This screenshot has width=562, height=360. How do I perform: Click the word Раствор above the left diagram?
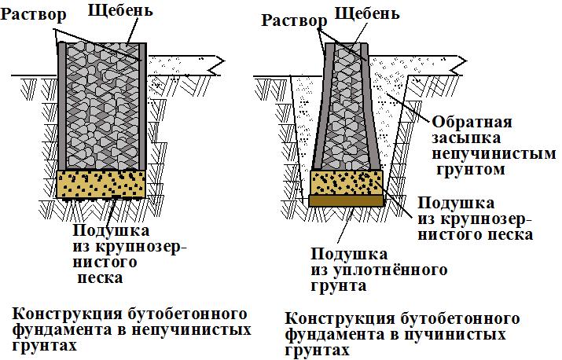31,17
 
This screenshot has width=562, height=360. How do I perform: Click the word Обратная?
471,123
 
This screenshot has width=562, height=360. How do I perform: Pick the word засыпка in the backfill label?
469,138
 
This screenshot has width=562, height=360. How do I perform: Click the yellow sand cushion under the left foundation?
101,185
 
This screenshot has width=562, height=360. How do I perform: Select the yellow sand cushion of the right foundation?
347,183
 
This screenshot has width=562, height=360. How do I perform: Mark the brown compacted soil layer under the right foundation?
347,201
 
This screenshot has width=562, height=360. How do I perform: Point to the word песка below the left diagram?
98,277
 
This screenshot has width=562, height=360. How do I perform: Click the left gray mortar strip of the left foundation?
62,106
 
